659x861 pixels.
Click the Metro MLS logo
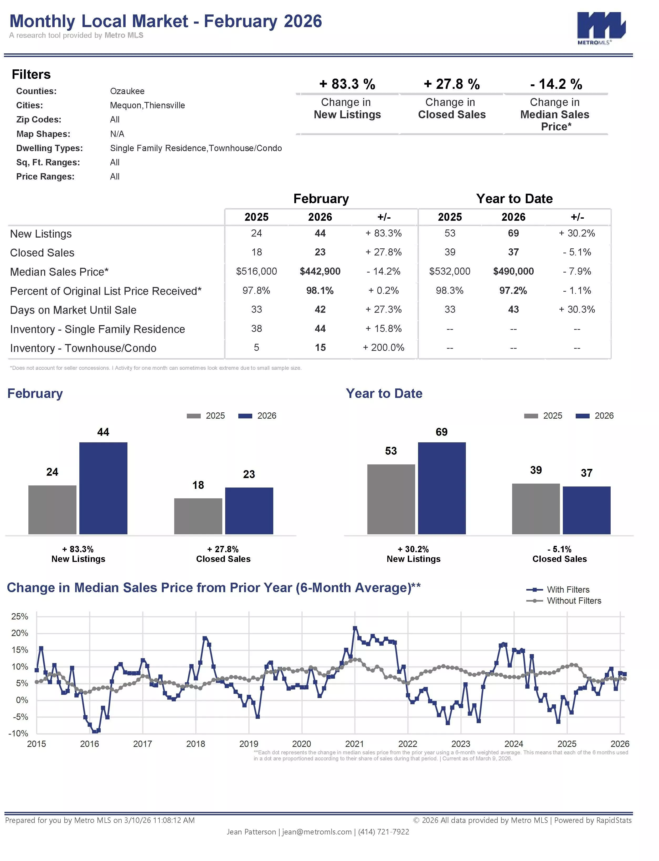tap(601, 28)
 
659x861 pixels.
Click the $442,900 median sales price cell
tap(320, 271)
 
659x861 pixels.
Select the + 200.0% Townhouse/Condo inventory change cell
tap(383, 347)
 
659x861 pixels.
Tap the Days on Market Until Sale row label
tap(73, 310)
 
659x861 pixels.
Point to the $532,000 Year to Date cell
tap(450, 271)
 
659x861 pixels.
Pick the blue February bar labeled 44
tap(103, 488)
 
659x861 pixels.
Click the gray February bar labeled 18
tap(198, 516)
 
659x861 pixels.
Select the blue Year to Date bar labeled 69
tap(442, 488)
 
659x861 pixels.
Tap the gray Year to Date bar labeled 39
tap(536, 509)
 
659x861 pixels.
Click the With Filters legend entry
tap(558, 590)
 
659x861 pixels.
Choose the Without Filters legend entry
tap(564, 601)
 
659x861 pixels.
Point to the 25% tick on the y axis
tap(20, 616)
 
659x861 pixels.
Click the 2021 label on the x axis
tap(355, 744)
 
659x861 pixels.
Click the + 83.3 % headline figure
tap(347, 84)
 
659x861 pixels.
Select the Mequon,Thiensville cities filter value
tap(147, 105)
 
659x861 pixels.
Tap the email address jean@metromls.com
tap(317, 832)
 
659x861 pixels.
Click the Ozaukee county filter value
tap(127, 91)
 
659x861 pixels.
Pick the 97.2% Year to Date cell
tap(513, 291)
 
